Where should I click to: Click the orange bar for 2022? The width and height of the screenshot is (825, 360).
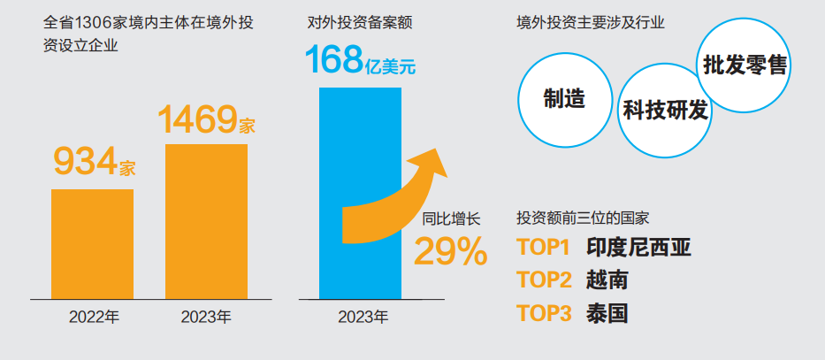(92, 243)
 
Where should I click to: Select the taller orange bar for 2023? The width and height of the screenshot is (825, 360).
(206, 221)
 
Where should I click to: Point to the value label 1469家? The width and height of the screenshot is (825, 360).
(205, 120)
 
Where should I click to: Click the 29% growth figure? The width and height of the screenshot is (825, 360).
(450, 253)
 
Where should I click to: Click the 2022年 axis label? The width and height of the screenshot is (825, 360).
(94, 318)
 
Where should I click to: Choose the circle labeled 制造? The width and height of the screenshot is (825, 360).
(564, 98)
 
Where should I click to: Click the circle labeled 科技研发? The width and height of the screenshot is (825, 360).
(665, 111)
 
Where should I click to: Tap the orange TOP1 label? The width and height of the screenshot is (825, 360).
(544, 248)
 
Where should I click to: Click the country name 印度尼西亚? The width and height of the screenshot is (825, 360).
(638, 248)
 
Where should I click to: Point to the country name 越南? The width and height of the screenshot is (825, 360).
(607, 280)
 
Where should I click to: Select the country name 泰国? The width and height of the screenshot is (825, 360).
(607, 313)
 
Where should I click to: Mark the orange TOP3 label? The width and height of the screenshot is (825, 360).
(544, 313)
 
